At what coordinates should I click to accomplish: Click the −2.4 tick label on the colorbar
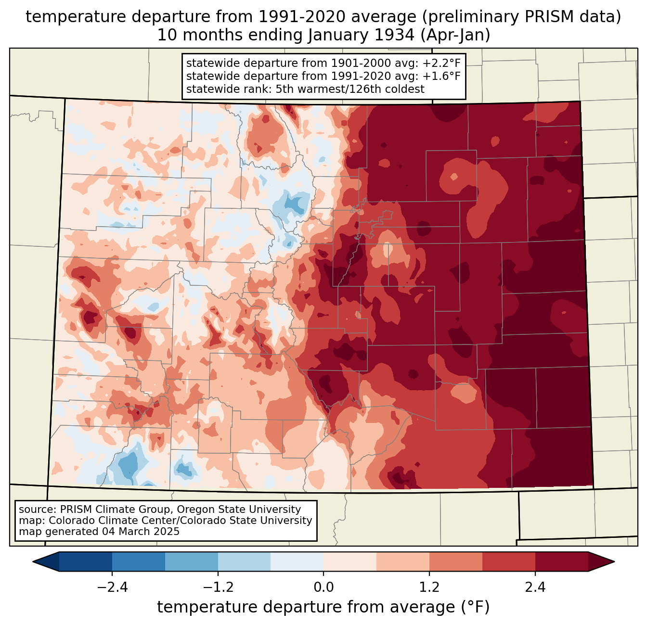pos(112,587)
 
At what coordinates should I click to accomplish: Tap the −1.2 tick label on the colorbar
pos(218,587)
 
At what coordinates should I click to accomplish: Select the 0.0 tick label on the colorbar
pos(323,587)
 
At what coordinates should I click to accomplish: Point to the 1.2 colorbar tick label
pos(429,587)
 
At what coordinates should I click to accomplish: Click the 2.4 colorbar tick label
pos(535,587)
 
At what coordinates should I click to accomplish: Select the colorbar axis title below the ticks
pos(323,607)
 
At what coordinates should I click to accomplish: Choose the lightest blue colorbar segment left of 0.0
pos(297,561)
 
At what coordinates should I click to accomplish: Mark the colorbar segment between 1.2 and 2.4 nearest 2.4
pos(509,561)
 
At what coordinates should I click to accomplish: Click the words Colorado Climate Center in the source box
pos(108,521)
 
